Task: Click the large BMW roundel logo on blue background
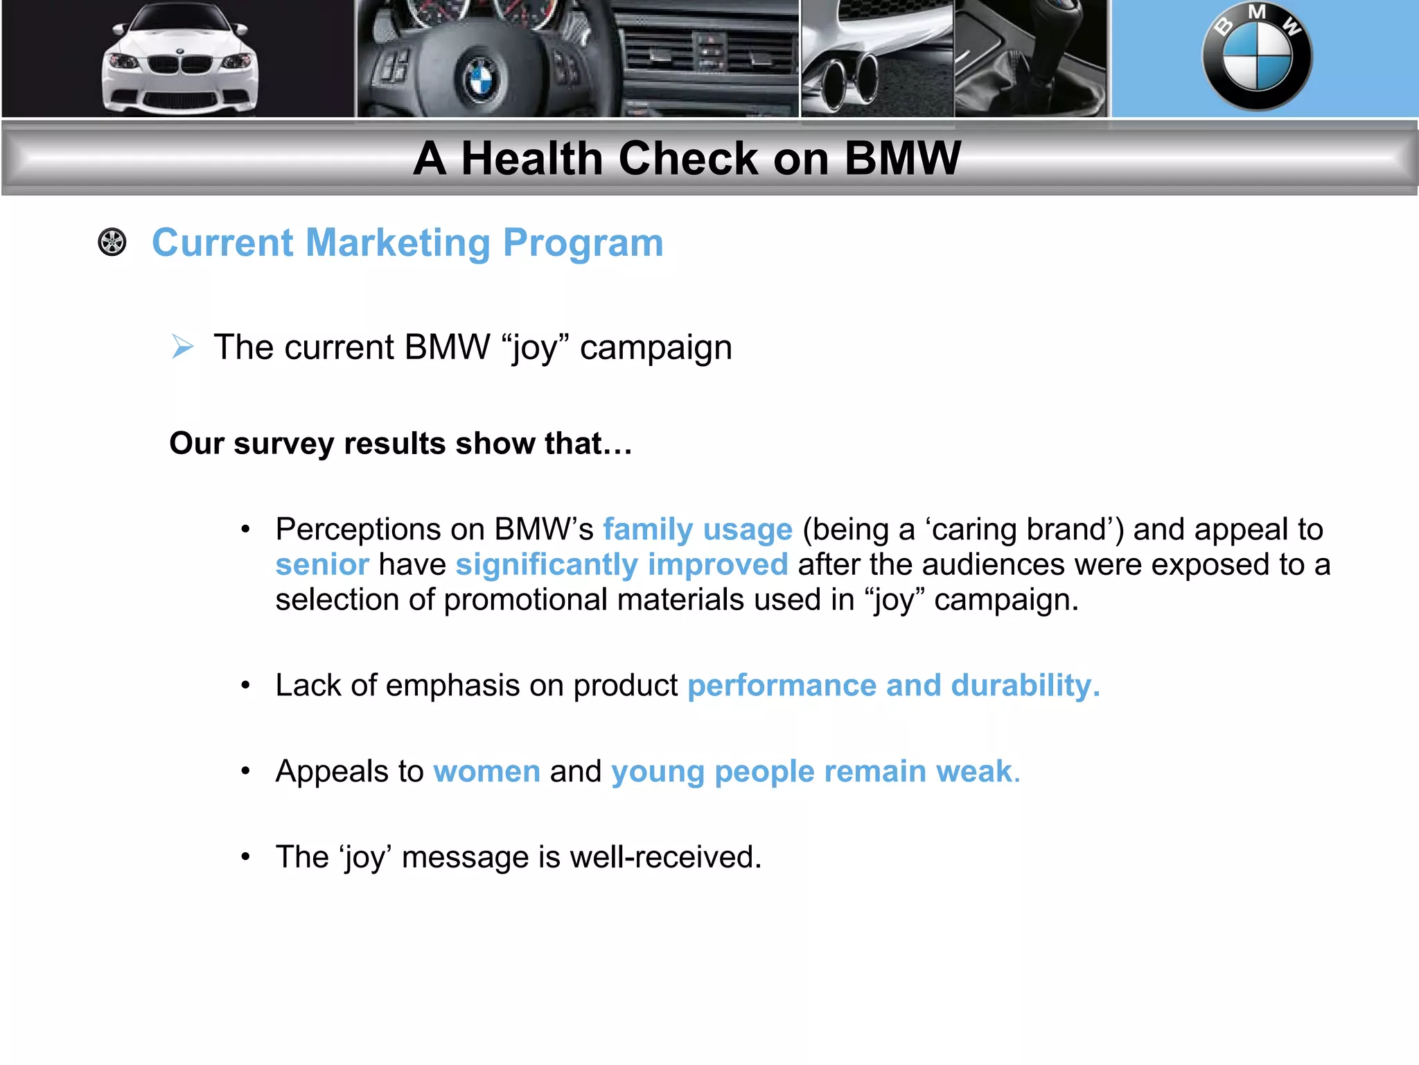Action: click(x=1256, y=57)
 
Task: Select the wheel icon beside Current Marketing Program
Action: click(x=112, y=243)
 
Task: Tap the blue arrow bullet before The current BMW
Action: click(x=182, y=347)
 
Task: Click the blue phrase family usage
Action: click(x=697, y=530)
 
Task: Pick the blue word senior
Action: click(x=322, y=565)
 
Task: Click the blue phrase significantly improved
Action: click(x=622, y=565)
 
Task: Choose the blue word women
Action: click(x=486, y=772)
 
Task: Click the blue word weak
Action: click(x=976, y=772)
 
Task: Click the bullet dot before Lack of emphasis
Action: click(x=245, y=686)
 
